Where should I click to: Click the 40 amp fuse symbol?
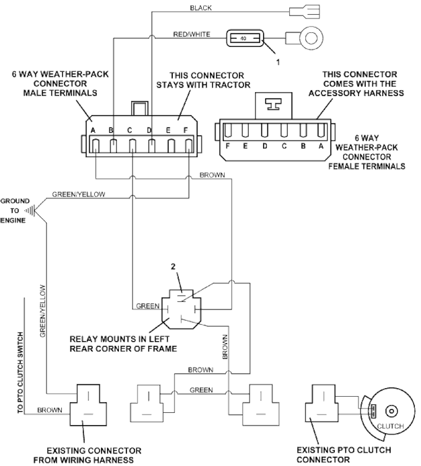(x=245, y=38)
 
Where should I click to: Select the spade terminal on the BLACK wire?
(x=305, y=12)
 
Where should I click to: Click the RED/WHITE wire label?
(x=192, y=35)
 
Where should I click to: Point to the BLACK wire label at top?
(x=201, y=8)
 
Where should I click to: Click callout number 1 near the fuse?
(x=278, y=62)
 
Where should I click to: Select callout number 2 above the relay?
(x=173, y=267)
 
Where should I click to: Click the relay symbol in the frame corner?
(x=181, y=309)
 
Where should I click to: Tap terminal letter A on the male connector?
(x=93, y=131)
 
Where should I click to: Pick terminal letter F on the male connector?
(x=186, y=130)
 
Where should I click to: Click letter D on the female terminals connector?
(x=264, y=146)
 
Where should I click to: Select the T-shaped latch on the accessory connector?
(x=274, y=105)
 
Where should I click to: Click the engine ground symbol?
(x=30, y=210)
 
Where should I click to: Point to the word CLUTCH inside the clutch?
(x=391, y=426)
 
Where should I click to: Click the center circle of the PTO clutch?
(x=391, y=412)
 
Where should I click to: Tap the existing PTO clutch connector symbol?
(x=320, y=403)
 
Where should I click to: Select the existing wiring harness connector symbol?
(x=89, y=405)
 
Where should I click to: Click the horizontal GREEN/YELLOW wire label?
(x=79, y=194)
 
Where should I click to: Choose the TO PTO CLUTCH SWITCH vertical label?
(x=20, y=373)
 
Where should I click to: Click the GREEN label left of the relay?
(x=148, y=306)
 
